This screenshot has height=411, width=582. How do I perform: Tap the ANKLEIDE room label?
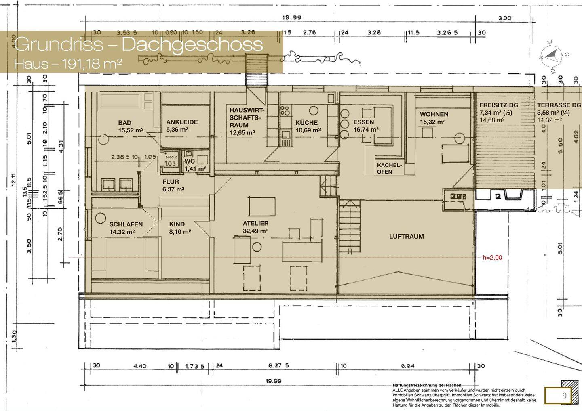click(x=181, y=126)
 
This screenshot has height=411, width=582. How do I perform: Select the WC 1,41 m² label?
click(x=195, y=165)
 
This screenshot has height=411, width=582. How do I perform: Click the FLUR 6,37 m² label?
click(x=173, y=185)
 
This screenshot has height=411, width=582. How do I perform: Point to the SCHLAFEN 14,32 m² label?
click(x=126, y=228)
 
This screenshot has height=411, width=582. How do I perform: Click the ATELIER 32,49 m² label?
click(x=255, y=227)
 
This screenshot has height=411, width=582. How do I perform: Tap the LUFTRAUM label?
click(x=406, y=236)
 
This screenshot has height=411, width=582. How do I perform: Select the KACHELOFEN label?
click(x=389, y=168)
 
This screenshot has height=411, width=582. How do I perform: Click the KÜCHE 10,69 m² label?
click(x=307, y=126)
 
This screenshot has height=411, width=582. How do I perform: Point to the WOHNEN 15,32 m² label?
click(x=434, y=117)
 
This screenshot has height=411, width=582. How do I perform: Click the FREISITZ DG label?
click(x=498, y=105)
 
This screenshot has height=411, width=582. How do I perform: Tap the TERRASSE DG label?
click(x=559, y=105)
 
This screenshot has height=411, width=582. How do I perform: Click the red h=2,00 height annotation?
click(x=492, y=257)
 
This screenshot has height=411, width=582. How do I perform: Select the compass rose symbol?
click(x=551, y=55)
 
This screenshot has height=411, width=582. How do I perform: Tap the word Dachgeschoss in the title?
click(x=192, y=44)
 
